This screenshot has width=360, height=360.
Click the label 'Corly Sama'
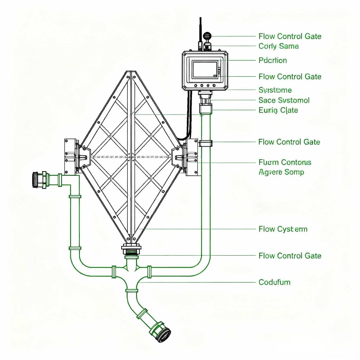[x=278, y=46]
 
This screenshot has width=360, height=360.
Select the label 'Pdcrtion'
[x=272, y=60]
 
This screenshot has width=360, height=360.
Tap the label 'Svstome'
[x=275, y=90]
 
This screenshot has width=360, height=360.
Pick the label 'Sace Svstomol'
[x=284, y=100]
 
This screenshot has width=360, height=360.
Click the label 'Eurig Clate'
[x=278, y=110]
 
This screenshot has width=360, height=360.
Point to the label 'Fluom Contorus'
[x=285, y=162]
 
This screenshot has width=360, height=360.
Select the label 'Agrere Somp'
[x=281, y=172]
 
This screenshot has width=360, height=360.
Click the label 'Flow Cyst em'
[x=283, y=229]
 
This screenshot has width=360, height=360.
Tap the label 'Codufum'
[x=274, y=282]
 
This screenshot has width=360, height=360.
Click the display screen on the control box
[x=205, y=69]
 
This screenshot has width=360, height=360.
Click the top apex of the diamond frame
[x=131, y=73]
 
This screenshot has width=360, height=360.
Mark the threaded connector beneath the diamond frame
[x=131, y=250]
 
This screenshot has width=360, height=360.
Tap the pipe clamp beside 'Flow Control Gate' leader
[x=206, y=143]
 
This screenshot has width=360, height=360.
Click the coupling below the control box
[x=205, y=102]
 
